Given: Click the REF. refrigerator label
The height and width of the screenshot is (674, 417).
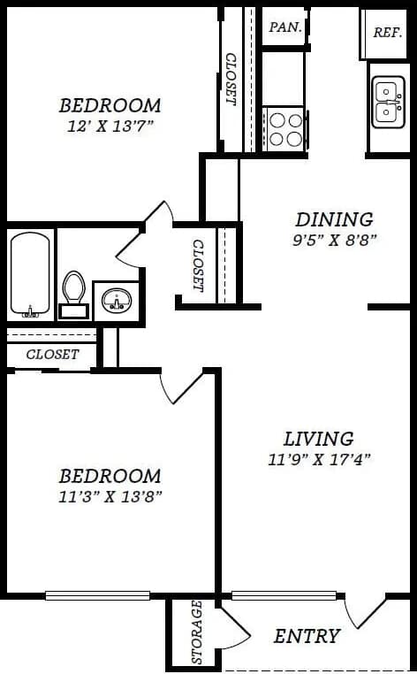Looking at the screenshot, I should [x=387, y=32].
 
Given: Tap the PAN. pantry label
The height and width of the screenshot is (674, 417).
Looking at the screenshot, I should [x=285, y=27].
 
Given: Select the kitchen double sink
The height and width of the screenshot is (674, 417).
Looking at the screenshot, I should [x=387, y=102].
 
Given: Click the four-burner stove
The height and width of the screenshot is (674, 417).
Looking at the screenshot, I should [x=285, y=129].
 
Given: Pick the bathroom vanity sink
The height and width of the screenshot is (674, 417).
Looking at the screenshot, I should [x=116, y=301].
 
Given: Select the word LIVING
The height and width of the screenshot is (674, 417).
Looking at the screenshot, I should [x=318, y=438].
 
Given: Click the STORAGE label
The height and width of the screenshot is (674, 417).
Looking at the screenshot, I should [x=196, y=632].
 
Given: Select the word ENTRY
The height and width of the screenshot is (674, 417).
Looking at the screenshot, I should [x=307, y=635].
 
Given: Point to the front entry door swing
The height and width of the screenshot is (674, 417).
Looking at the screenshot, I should [x=364, y=610].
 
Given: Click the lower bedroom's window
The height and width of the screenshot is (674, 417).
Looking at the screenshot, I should [x=97, y=595].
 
